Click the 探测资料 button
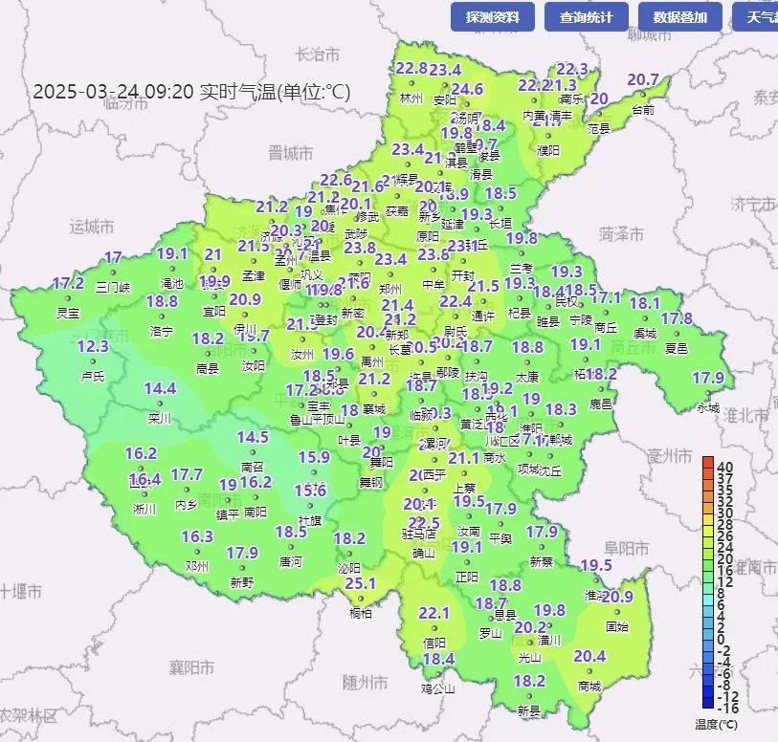[492, 17]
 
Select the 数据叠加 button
[680, 17]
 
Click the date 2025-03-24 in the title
[74, 92]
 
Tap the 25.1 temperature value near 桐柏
[360, 583]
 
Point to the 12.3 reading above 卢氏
[93, 346]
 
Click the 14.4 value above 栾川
[160, 388]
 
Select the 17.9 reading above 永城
[708, 378]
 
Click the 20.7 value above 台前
[643, 79]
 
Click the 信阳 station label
[434, 643]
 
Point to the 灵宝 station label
[68, 313]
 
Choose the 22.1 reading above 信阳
[433, 613]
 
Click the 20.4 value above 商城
[589, 656]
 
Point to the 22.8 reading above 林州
[411, 68]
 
